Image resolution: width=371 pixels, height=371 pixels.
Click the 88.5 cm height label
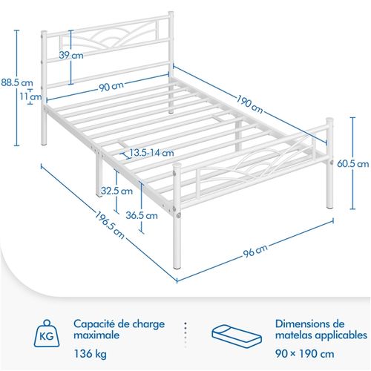(x=17, y=82)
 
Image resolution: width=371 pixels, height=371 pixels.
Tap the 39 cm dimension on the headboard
(x=71, y=55)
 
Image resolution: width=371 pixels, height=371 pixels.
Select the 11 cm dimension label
(x=30, y=96)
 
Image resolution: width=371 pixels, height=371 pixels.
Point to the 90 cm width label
(x=111, y=87)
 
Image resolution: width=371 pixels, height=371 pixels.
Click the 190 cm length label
(x=249, y=104)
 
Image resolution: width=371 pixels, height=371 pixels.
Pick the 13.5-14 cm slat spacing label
(x=151, y=153)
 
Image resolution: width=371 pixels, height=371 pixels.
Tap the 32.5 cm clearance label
(x=116, y=191)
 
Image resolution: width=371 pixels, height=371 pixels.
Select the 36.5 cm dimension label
(x=142, y=216)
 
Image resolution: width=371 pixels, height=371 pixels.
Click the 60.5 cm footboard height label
(x=353, y=164)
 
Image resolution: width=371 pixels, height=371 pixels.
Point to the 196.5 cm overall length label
(x=110, y=225)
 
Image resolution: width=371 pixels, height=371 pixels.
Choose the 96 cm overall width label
(x=255, y=250)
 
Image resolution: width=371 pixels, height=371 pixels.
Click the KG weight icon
(x=47, y=334)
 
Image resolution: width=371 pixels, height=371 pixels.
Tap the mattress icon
(x=237, y=337)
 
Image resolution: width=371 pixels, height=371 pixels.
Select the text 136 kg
(x=91, y=354)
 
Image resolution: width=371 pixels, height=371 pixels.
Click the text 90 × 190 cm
(x=305, y=354)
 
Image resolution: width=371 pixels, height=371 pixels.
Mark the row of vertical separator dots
(x=185, y=335)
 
